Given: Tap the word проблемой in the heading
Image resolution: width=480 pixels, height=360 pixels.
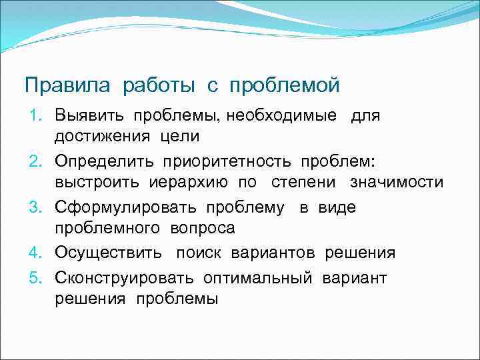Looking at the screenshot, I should pos(285,86).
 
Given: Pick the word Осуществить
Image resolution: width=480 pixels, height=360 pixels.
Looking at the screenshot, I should pos(108,253).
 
